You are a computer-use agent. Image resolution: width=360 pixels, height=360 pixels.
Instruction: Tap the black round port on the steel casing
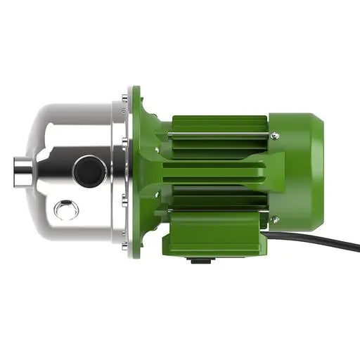click(x=91, y=171)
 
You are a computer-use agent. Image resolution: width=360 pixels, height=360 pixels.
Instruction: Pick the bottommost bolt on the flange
click(x=125, y=245)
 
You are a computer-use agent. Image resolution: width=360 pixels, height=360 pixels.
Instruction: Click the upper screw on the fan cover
click(x=274, y=136)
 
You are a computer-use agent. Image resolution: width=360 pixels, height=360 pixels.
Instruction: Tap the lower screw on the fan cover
click(x=274, y=220)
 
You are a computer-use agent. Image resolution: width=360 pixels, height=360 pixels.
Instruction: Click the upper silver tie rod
click(x=218, y=131)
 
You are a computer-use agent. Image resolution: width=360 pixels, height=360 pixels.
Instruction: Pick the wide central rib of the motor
click(x=218, y=172)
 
